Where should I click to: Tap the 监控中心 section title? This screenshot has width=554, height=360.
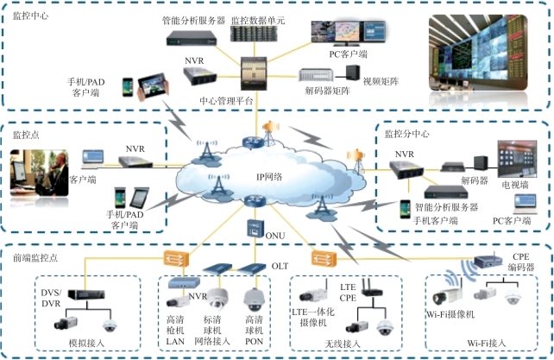(31, 16)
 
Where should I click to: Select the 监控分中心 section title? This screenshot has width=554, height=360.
(406, 134)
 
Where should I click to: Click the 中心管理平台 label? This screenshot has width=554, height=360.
(225, 100)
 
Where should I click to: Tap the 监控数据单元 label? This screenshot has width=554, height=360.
(259, 18)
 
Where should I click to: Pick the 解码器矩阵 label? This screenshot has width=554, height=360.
(325, 90)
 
